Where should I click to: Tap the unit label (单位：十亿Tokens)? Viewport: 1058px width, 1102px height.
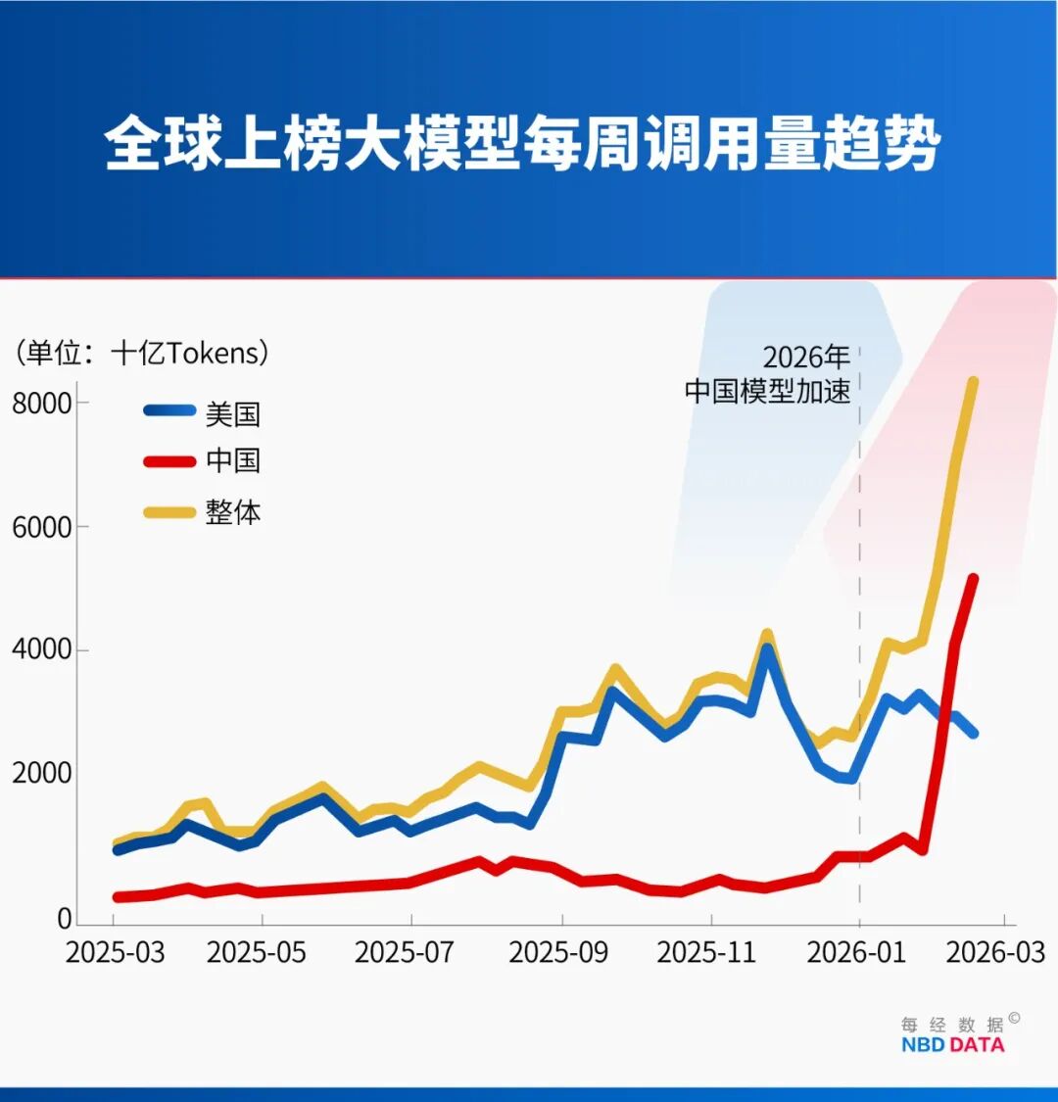[141, 353]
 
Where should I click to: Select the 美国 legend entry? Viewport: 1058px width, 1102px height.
[232, 413]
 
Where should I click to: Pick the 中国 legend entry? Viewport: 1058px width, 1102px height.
[232, 460]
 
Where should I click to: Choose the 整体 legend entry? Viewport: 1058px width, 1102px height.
[232, 511]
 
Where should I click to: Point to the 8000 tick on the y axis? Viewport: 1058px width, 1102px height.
[42, 404]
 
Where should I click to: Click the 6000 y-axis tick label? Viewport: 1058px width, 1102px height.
[42, 527]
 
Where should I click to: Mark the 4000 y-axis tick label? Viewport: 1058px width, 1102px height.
[42, 650]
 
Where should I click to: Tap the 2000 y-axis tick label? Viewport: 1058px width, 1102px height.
[42, 774]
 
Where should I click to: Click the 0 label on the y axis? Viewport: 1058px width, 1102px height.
[65, 919]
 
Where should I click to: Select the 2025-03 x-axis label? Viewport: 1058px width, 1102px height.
[114, 952]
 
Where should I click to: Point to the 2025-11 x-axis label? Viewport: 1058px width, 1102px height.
[706, 952]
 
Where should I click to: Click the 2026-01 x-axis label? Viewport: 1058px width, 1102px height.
[856, 952]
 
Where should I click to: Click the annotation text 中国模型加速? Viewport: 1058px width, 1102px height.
[767, 391]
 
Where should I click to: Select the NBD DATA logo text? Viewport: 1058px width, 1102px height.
[952, 1044]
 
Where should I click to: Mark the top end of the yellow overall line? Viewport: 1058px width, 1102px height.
[973, 382]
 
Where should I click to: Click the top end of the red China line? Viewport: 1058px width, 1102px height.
[973, 579]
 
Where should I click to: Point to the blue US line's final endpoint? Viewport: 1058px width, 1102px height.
[973, 733]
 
